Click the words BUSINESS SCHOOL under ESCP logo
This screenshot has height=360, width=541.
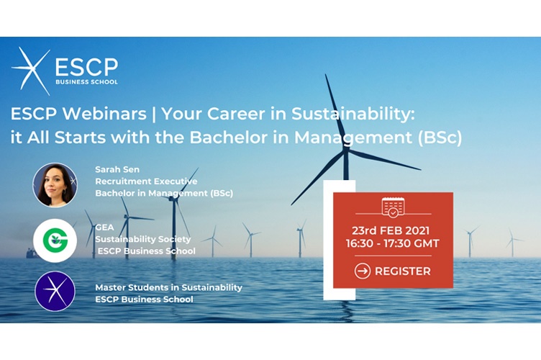(x=87, y=82)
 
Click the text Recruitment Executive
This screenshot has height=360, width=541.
(x=146, y=181)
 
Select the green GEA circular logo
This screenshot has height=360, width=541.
(x=55, y=240)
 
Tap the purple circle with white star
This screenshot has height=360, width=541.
(x=55, y=291)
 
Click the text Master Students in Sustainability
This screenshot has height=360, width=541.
(x=168, y=287)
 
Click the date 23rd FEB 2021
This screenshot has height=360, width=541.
(x=393, y=230)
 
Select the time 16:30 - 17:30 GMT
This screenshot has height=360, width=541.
(x=393, y=245)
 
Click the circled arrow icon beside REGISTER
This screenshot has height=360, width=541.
(x=363, y=271)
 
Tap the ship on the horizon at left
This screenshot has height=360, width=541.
(x=29, y=253)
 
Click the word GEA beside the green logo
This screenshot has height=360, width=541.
(x=104, y=227)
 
